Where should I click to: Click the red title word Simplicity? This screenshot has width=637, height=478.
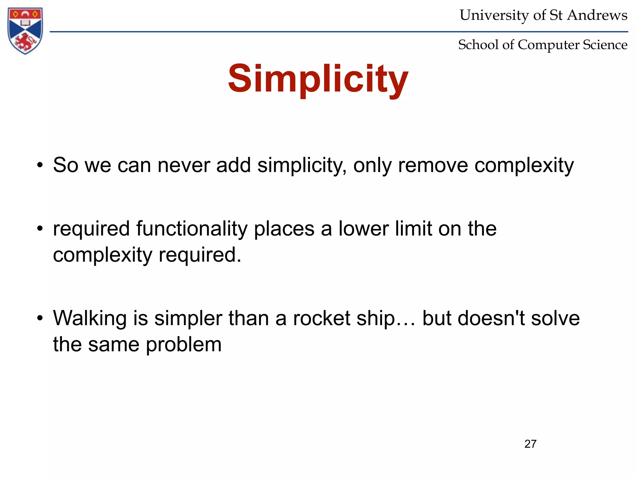coord(318,79)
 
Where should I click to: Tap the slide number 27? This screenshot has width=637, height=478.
coord(530,444)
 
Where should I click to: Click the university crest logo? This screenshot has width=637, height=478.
coord(25,30)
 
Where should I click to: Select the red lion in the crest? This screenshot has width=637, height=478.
coord(25,42)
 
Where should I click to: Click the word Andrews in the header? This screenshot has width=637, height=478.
coord(597,15)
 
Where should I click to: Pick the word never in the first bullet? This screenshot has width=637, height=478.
coord(184,165)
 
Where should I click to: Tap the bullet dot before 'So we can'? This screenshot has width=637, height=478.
coord(40,166)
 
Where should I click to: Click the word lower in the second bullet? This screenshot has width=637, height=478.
coord(363,229)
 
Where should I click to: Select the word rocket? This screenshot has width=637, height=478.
coord(322,318)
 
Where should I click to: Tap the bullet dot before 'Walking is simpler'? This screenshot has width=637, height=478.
coord(40,319)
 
